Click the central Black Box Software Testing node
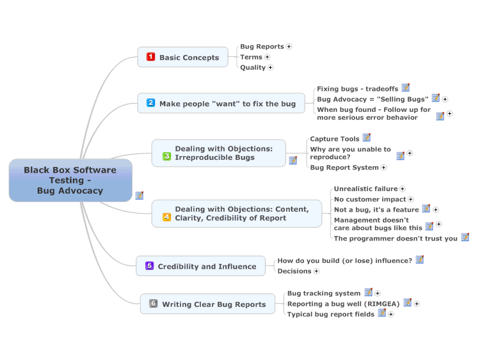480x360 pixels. point(70,180)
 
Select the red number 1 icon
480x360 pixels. point(150,57)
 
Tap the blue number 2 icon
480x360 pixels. point(150,103)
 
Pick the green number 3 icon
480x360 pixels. point(166,156)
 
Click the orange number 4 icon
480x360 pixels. point(166,217)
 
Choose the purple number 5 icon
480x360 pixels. point(149,265)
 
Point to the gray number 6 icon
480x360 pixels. point(154,304)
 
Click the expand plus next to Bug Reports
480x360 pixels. point(289,47)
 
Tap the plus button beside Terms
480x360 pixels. point(268,57)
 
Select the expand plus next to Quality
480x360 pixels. point(270,67)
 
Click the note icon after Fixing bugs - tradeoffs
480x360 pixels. point(406,88)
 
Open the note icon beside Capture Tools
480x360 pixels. point(367,137)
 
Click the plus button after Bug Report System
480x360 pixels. point(383,168)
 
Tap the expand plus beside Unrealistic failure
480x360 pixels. point(403,189)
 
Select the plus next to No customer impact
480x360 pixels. point(411,200)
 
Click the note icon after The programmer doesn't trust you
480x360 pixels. point(465,237)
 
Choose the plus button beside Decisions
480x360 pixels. point(316,271)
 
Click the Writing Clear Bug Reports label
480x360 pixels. point(214,304)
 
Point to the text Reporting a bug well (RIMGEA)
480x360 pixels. point(344,304)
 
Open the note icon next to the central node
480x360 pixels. point(140,196)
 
